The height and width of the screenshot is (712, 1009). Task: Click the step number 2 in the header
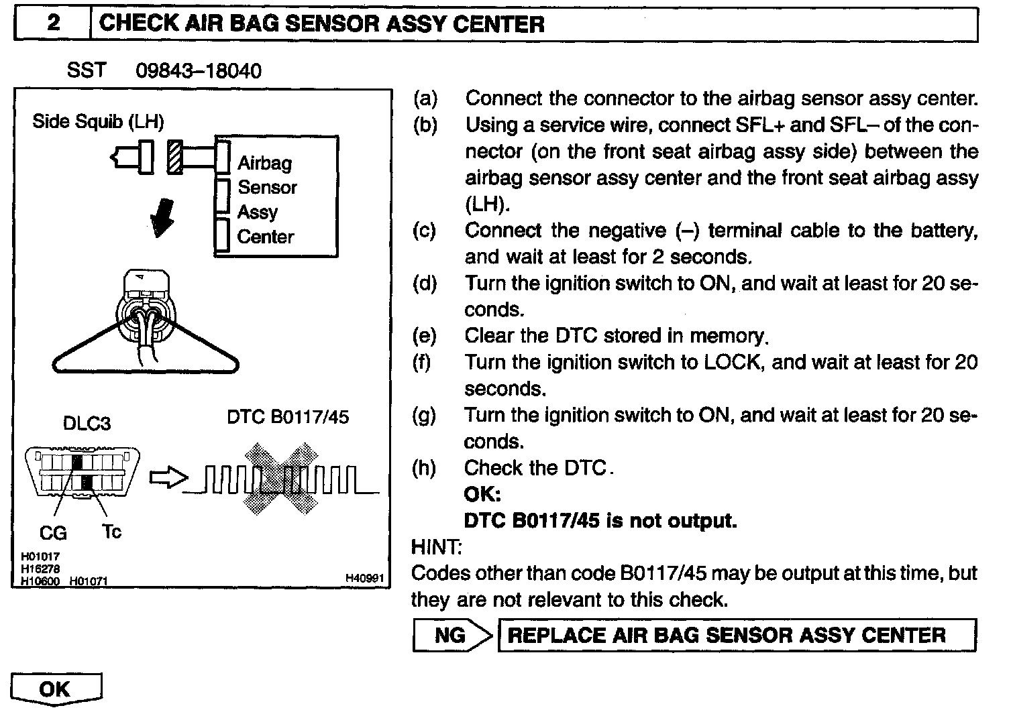[53, 24]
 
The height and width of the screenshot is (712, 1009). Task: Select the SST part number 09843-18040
[199, 70]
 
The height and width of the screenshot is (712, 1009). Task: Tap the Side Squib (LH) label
[98, 121]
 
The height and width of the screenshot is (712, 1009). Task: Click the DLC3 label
[87, 424]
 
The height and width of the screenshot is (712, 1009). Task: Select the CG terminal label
[53, 533]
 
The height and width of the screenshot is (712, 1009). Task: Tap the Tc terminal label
[112, 532]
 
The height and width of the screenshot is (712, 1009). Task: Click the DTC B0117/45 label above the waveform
[288, 417]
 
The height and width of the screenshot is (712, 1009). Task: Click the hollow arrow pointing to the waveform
[165, 478]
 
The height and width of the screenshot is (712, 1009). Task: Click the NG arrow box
[452, 635]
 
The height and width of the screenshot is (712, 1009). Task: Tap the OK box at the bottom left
[56, 689]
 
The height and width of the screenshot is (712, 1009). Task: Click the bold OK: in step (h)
[482, 495]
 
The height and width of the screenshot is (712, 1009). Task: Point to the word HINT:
[436, 547]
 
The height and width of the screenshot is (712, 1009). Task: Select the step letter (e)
[424, 335]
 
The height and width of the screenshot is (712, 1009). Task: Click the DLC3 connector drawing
[83, 473]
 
